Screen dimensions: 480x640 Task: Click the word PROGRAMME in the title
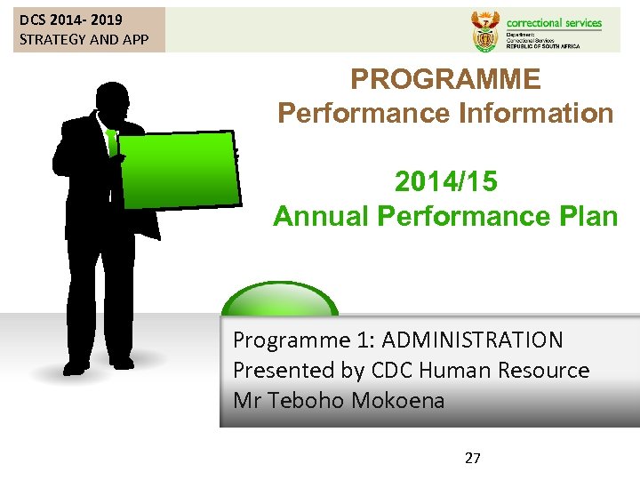click(x=445, y=79)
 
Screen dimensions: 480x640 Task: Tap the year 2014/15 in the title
click(x=445, y=181)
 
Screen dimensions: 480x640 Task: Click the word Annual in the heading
click(x=321, y=216)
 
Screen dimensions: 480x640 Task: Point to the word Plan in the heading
click(x=583, y=216)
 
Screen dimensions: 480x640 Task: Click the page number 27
click(x=473, y=459)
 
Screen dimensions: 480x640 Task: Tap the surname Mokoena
click(x=397, y=400)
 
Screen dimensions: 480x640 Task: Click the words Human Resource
click(x=513, y=370)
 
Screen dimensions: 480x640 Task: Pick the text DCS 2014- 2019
click(x=71, y=20)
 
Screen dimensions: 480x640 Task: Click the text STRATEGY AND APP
click(x=84, y=39)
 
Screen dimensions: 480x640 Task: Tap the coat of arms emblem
click(x=484, y=30)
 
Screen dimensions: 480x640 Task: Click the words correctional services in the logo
click(x=553, y=23)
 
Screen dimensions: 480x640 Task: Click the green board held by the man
click(x=179, y=169)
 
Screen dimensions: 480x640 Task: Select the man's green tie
click(x=112, y=143)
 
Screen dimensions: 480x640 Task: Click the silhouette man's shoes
click(x=98, y=364)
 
